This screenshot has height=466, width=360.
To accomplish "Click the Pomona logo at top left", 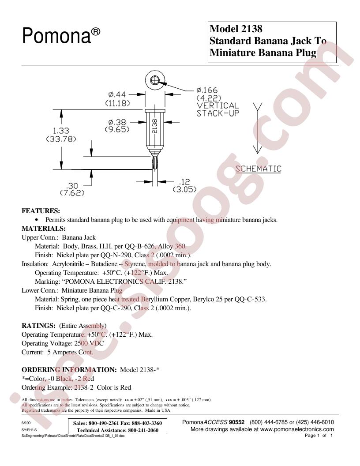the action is (x=61, y=36).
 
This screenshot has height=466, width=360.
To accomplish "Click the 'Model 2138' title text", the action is (x=236, y=29).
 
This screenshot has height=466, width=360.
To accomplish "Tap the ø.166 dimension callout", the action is (x=207, y=90).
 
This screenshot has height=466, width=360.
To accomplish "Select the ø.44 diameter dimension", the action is (x=117, y=94).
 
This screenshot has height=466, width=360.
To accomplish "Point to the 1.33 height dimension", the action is (x=61, y=131).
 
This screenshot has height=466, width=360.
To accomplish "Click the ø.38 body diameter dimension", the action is (x=117, y=122).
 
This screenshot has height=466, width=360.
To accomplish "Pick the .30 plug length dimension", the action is (x=72, y=186).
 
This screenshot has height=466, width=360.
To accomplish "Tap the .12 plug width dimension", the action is (x=184, y=181).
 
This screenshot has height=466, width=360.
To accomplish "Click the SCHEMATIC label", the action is (x=259, y=169).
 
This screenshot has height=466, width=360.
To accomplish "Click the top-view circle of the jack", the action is (x=155, y=80).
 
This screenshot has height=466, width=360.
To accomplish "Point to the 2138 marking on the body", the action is (x=155, y=126).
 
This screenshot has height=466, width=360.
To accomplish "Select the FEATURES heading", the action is (x=41, y=211).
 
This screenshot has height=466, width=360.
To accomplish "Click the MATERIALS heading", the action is (x=44, y=229).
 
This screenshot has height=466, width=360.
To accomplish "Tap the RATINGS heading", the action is (x=39, y=326).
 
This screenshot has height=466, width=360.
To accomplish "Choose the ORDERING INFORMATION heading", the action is (x=69, y=370).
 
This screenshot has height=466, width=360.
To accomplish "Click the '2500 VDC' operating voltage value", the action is (x=89, y=343).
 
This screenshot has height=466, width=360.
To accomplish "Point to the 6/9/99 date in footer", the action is (x=26, y=422).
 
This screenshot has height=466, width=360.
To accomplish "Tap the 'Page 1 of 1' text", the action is (x=319, y=436).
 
